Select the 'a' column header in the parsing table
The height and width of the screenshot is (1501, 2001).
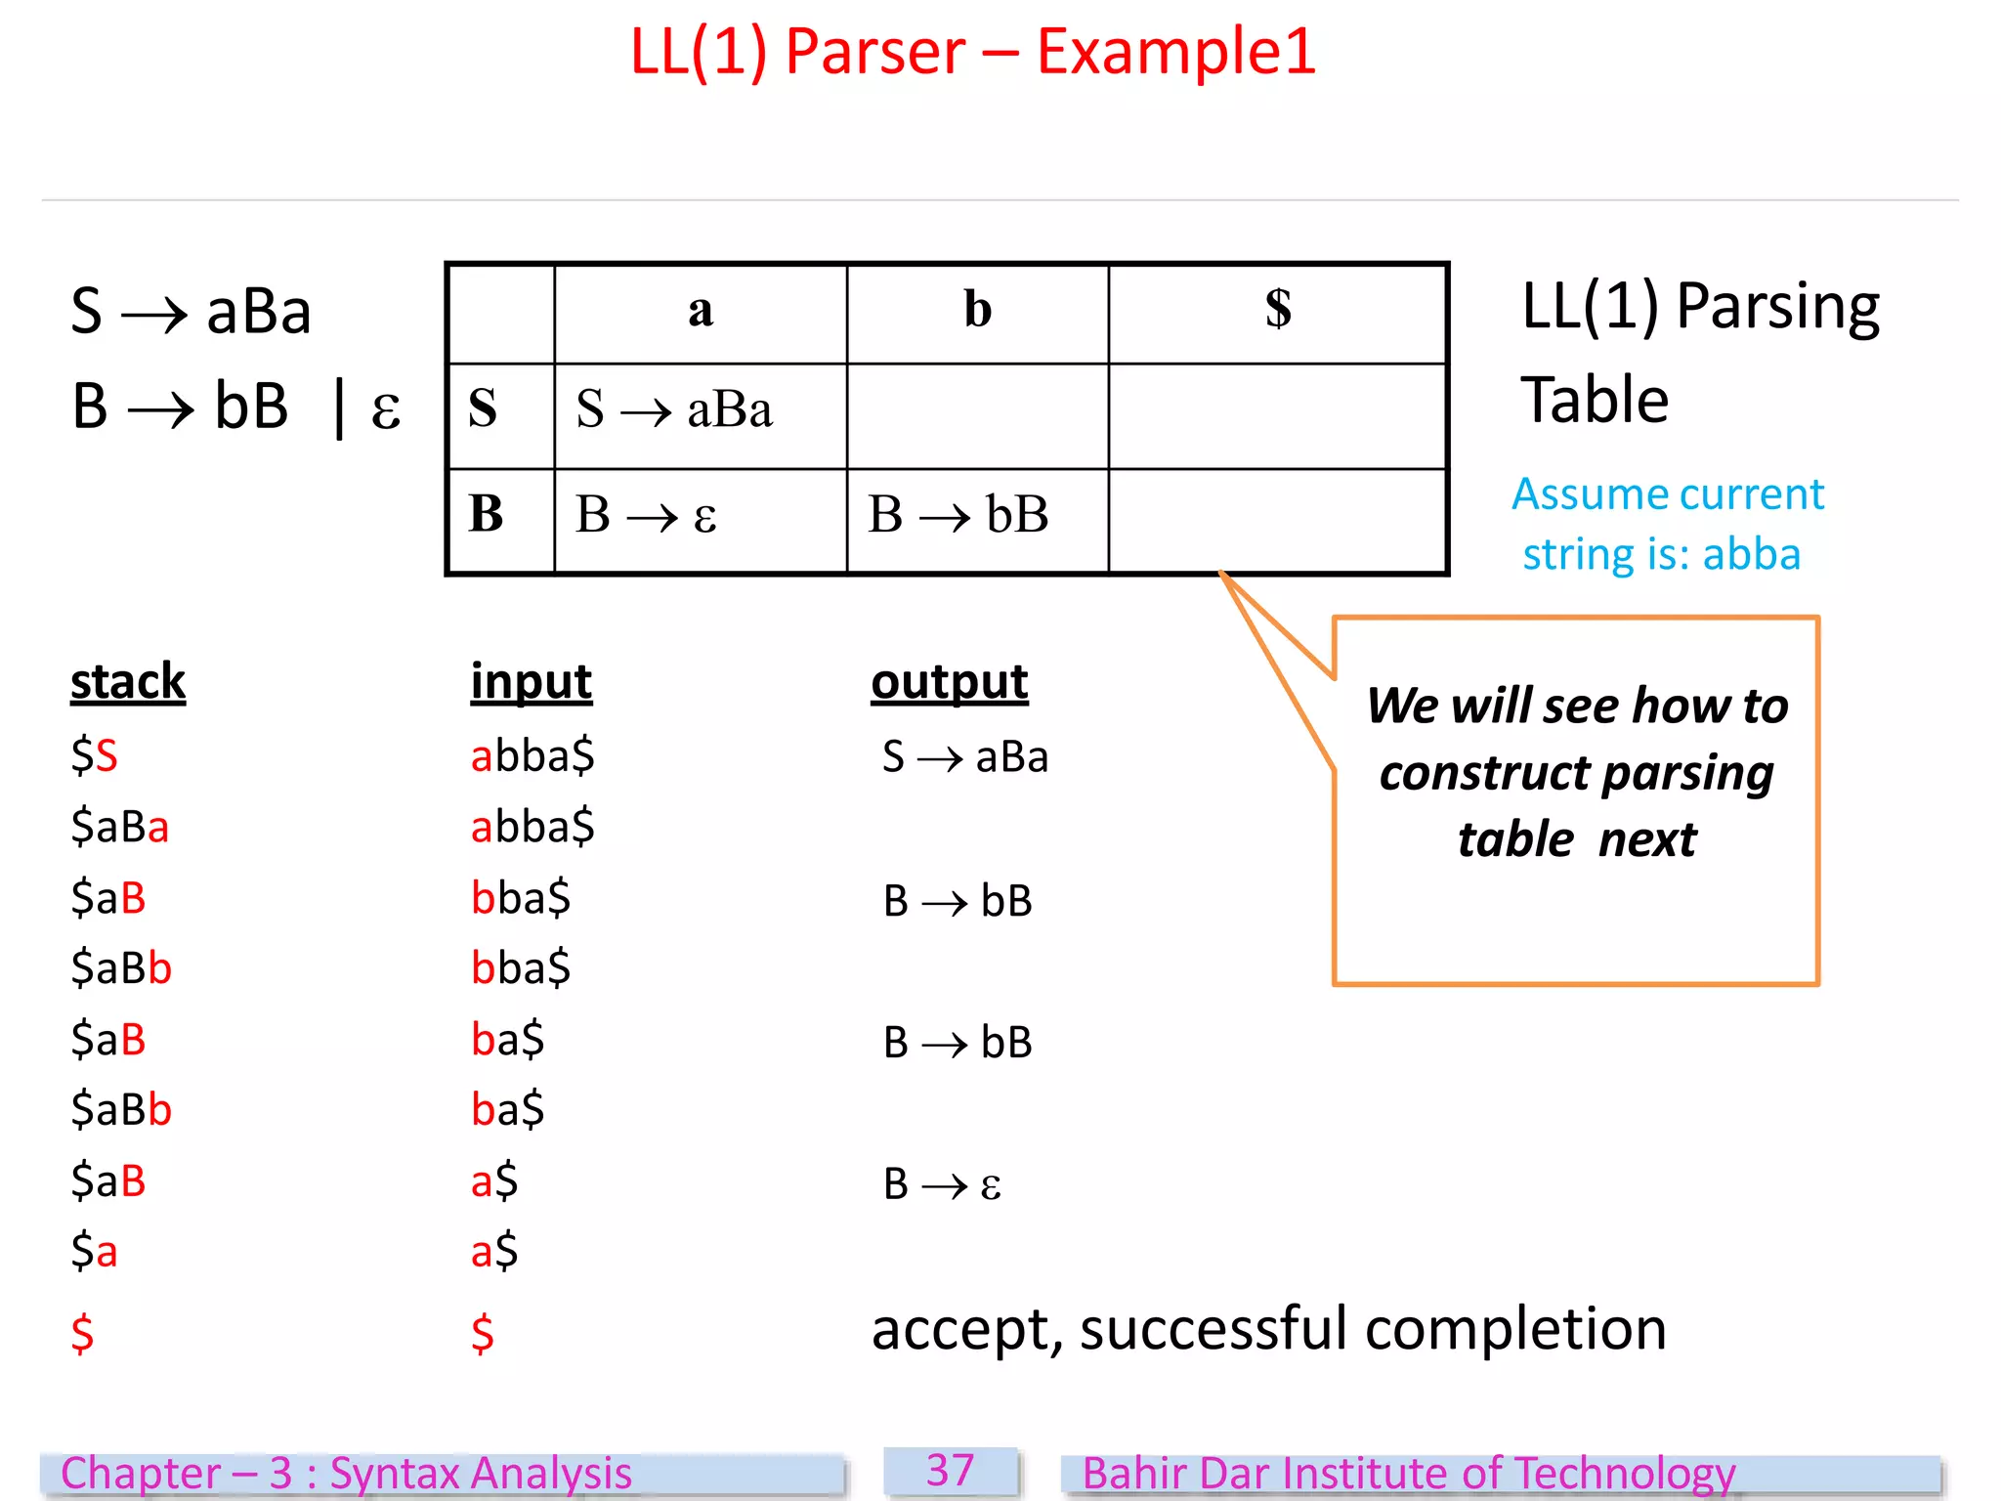pos(700,311)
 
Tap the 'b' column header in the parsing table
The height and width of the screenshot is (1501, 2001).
pos(977,311)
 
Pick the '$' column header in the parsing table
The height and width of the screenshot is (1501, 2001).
pos(1277,311)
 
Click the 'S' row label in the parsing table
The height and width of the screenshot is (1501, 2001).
pos(483,409)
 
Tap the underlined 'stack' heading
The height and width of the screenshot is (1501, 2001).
pos(128,681)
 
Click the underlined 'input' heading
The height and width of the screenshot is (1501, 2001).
pos(531,681)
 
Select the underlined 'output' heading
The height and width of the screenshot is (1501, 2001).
pos(949,681)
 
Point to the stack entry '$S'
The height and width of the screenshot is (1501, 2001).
pos(94,756)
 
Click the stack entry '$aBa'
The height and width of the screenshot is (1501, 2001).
pos(119,828)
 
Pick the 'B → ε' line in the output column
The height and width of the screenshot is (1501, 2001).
pos(942,1184)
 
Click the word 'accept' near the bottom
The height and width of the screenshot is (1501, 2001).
pos(961,1330)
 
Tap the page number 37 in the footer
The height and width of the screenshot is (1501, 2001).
pos(950,1471)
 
